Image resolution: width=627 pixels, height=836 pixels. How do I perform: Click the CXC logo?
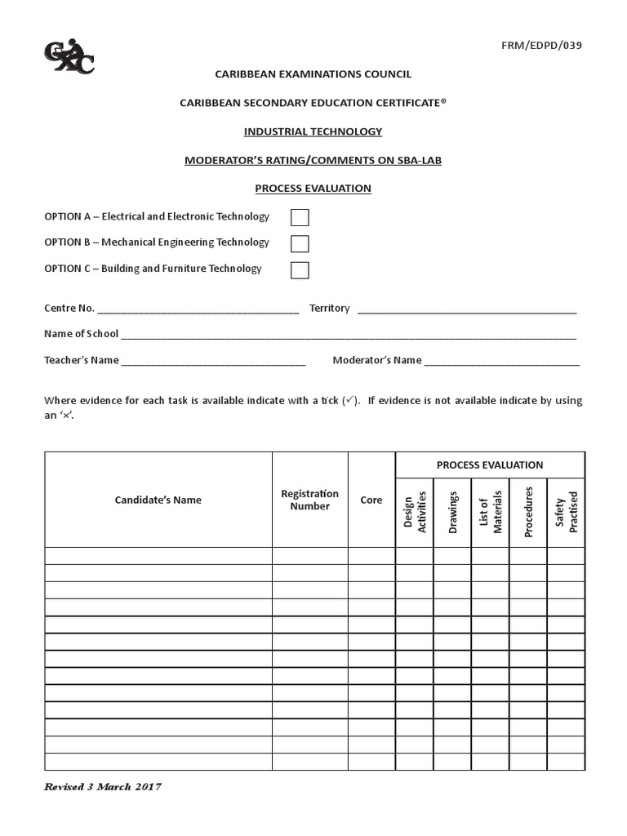click(69, 57)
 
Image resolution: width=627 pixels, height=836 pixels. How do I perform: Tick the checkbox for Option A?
click(300, 217)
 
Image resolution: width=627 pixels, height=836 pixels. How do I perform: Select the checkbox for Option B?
click(300, 243)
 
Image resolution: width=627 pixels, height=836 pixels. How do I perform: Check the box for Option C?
click(300, 269)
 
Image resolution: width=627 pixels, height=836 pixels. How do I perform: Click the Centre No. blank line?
click(198, 309)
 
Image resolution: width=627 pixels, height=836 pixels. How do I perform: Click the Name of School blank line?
click(349, 335)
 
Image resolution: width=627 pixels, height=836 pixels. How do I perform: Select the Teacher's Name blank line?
click(213, 361)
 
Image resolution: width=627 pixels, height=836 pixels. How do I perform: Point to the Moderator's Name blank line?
click(501, 361)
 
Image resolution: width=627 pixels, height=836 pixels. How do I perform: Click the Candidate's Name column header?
click(158, 500)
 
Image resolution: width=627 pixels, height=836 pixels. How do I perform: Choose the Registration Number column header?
click(309, 500)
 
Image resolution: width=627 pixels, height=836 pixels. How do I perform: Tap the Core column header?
click(371, 500)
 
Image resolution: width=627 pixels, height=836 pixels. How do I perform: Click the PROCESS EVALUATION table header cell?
click(490, 465)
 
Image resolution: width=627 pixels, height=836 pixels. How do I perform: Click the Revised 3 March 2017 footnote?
click(103, 787)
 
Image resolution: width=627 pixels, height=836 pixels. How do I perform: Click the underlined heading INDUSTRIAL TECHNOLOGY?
click(313, 131)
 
